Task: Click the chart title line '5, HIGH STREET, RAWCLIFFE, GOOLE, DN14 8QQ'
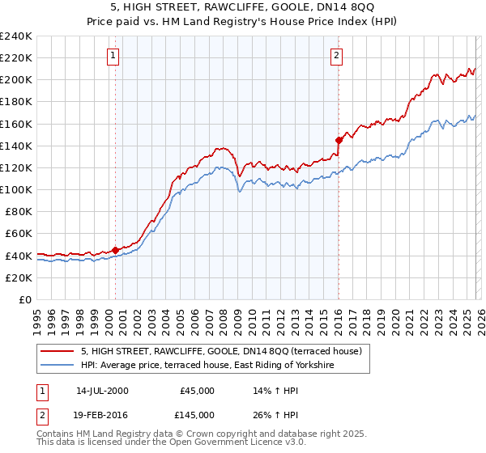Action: (x=243, y=7)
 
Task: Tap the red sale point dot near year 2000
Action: (x=115, y=250)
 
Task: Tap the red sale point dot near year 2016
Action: (x=339, y=140)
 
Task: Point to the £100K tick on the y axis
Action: (x=16, y=189)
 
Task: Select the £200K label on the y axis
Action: (x=16, y=80)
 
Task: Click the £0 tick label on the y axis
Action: (x=24, y=299)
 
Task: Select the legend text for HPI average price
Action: (x=207, y=366)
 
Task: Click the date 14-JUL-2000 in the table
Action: (x=102, y=391)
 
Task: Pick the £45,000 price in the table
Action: (x=196, y=391)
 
